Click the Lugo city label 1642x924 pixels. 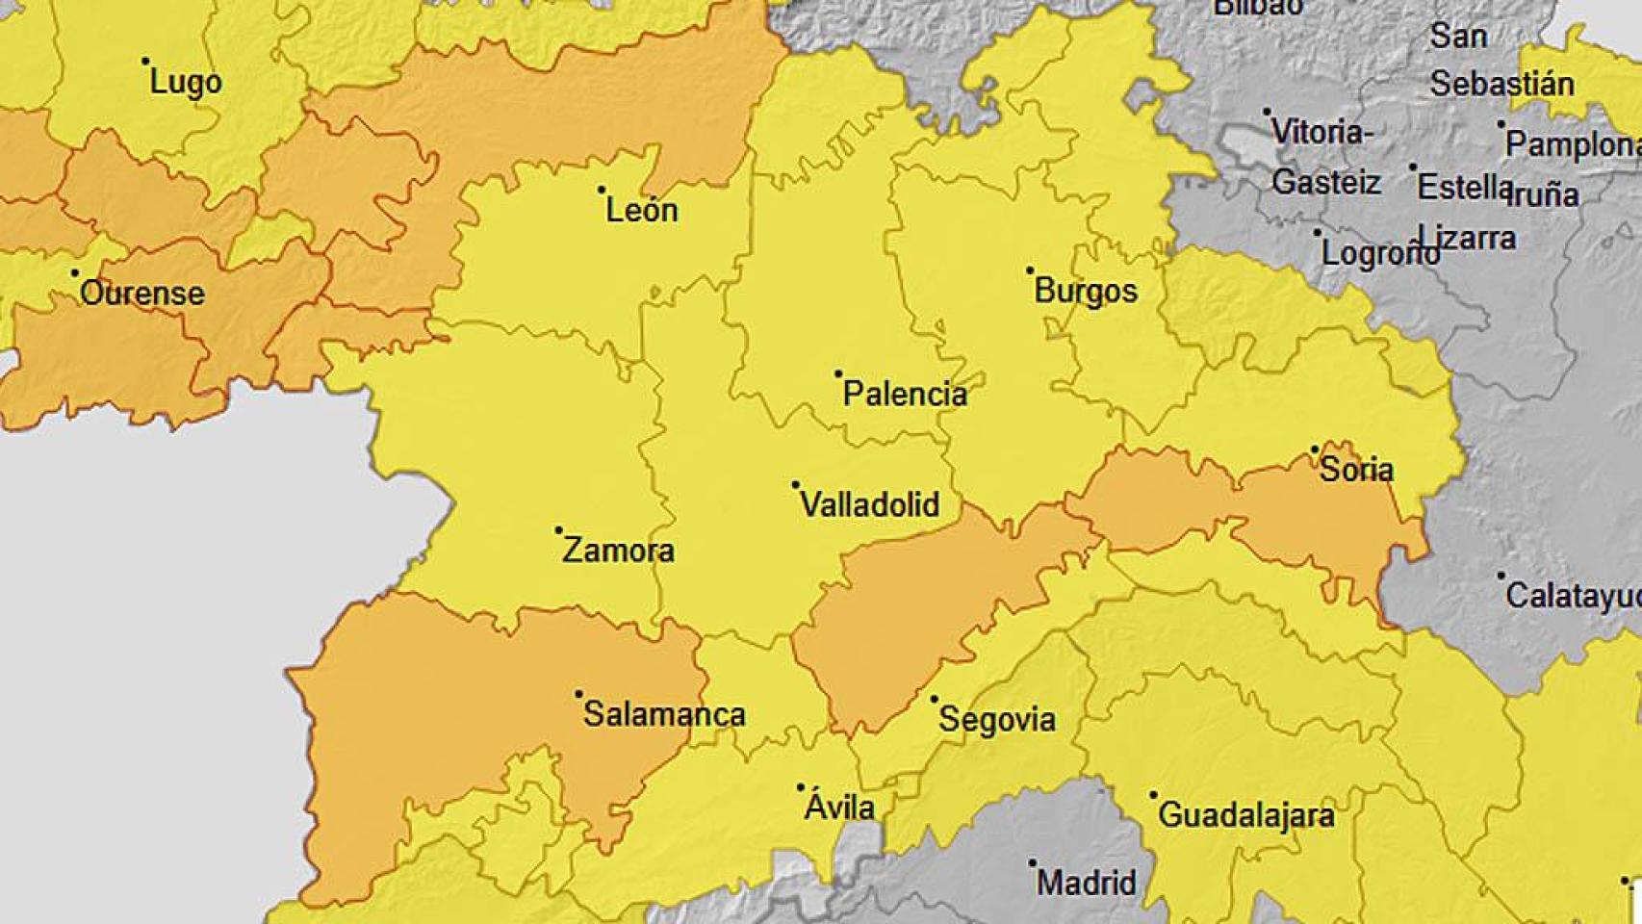186,83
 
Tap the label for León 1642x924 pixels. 641,210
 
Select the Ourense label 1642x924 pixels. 142,293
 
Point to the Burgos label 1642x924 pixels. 1086,291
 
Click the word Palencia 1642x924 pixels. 905,394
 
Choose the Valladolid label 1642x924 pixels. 870,504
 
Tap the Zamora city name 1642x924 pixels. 618,551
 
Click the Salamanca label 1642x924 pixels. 664,714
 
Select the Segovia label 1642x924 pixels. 996,719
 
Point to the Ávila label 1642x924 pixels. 839,807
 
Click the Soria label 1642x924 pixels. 1356,470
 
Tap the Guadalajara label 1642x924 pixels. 1245,816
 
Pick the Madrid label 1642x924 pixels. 1086,883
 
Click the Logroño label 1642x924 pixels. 1380,254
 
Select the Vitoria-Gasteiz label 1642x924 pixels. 1323,156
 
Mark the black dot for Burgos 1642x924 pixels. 1029,271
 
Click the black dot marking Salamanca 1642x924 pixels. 578,694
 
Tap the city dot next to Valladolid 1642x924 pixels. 795,485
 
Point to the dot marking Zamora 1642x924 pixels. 558,530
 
